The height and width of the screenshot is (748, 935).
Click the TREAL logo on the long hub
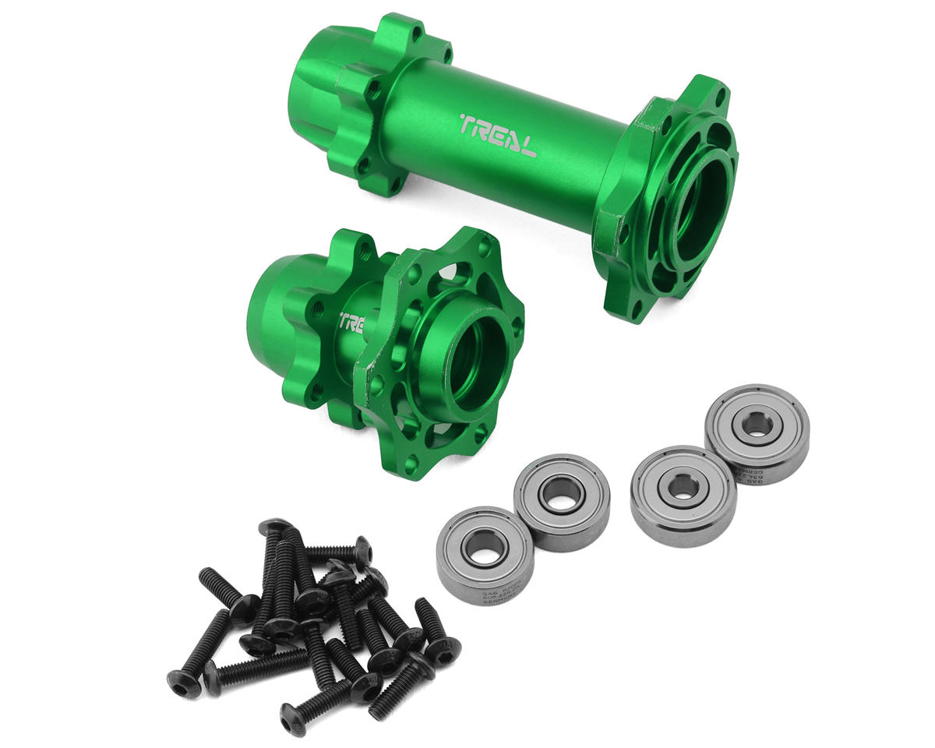[x=497, y=136]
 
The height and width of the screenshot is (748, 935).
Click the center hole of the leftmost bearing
[x=483, y=555]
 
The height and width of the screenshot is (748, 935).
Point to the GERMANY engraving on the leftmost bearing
[x=475, y=596]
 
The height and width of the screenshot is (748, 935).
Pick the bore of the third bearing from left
[x=683, y=486]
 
